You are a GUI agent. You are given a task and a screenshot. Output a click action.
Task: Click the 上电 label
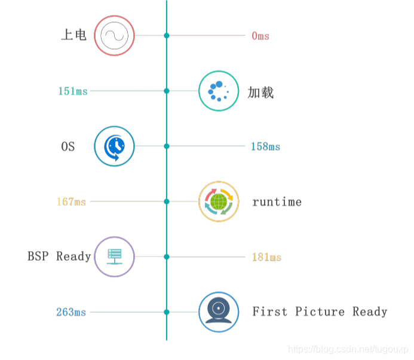pos(74,35)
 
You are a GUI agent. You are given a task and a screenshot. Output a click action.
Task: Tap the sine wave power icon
pos(115,36)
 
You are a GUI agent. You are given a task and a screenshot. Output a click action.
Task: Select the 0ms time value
pos(260,36)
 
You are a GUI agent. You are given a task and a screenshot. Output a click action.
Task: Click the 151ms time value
pos(73,91)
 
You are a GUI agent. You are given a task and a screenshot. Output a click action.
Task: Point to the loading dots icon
pos(219,91)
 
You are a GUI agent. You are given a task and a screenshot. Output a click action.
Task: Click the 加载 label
pos(261,92)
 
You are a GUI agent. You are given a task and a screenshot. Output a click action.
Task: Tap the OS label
pos(68,147)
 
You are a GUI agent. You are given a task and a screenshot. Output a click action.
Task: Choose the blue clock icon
pos(115,146)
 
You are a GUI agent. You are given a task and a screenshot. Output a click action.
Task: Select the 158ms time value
pos(265,147)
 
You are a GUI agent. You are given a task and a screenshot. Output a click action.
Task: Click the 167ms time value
pos(72,202)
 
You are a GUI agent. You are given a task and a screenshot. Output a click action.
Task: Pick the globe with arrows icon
pos(219,202)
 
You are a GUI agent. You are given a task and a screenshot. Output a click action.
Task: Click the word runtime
pos(277,202)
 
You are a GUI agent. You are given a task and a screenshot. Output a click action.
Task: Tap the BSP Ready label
pos(59,257)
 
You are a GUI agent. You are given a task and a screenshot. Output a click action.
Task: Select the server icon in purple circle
pos(115,257)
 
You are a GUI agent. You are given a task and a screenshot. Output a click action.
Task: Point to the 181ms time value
pos(266,257)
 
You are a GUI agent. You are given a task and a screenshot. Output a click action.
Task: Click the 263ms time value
pos(71,312)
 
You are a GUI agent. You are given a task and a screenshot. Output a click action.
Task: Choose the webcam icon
pos(219,312)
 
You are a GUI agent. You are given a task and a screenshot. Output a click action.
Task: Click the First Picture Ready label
pos(320,312)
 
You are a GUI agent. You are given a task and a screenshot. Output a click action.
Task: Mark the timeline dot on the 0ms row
pos(167,36)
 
